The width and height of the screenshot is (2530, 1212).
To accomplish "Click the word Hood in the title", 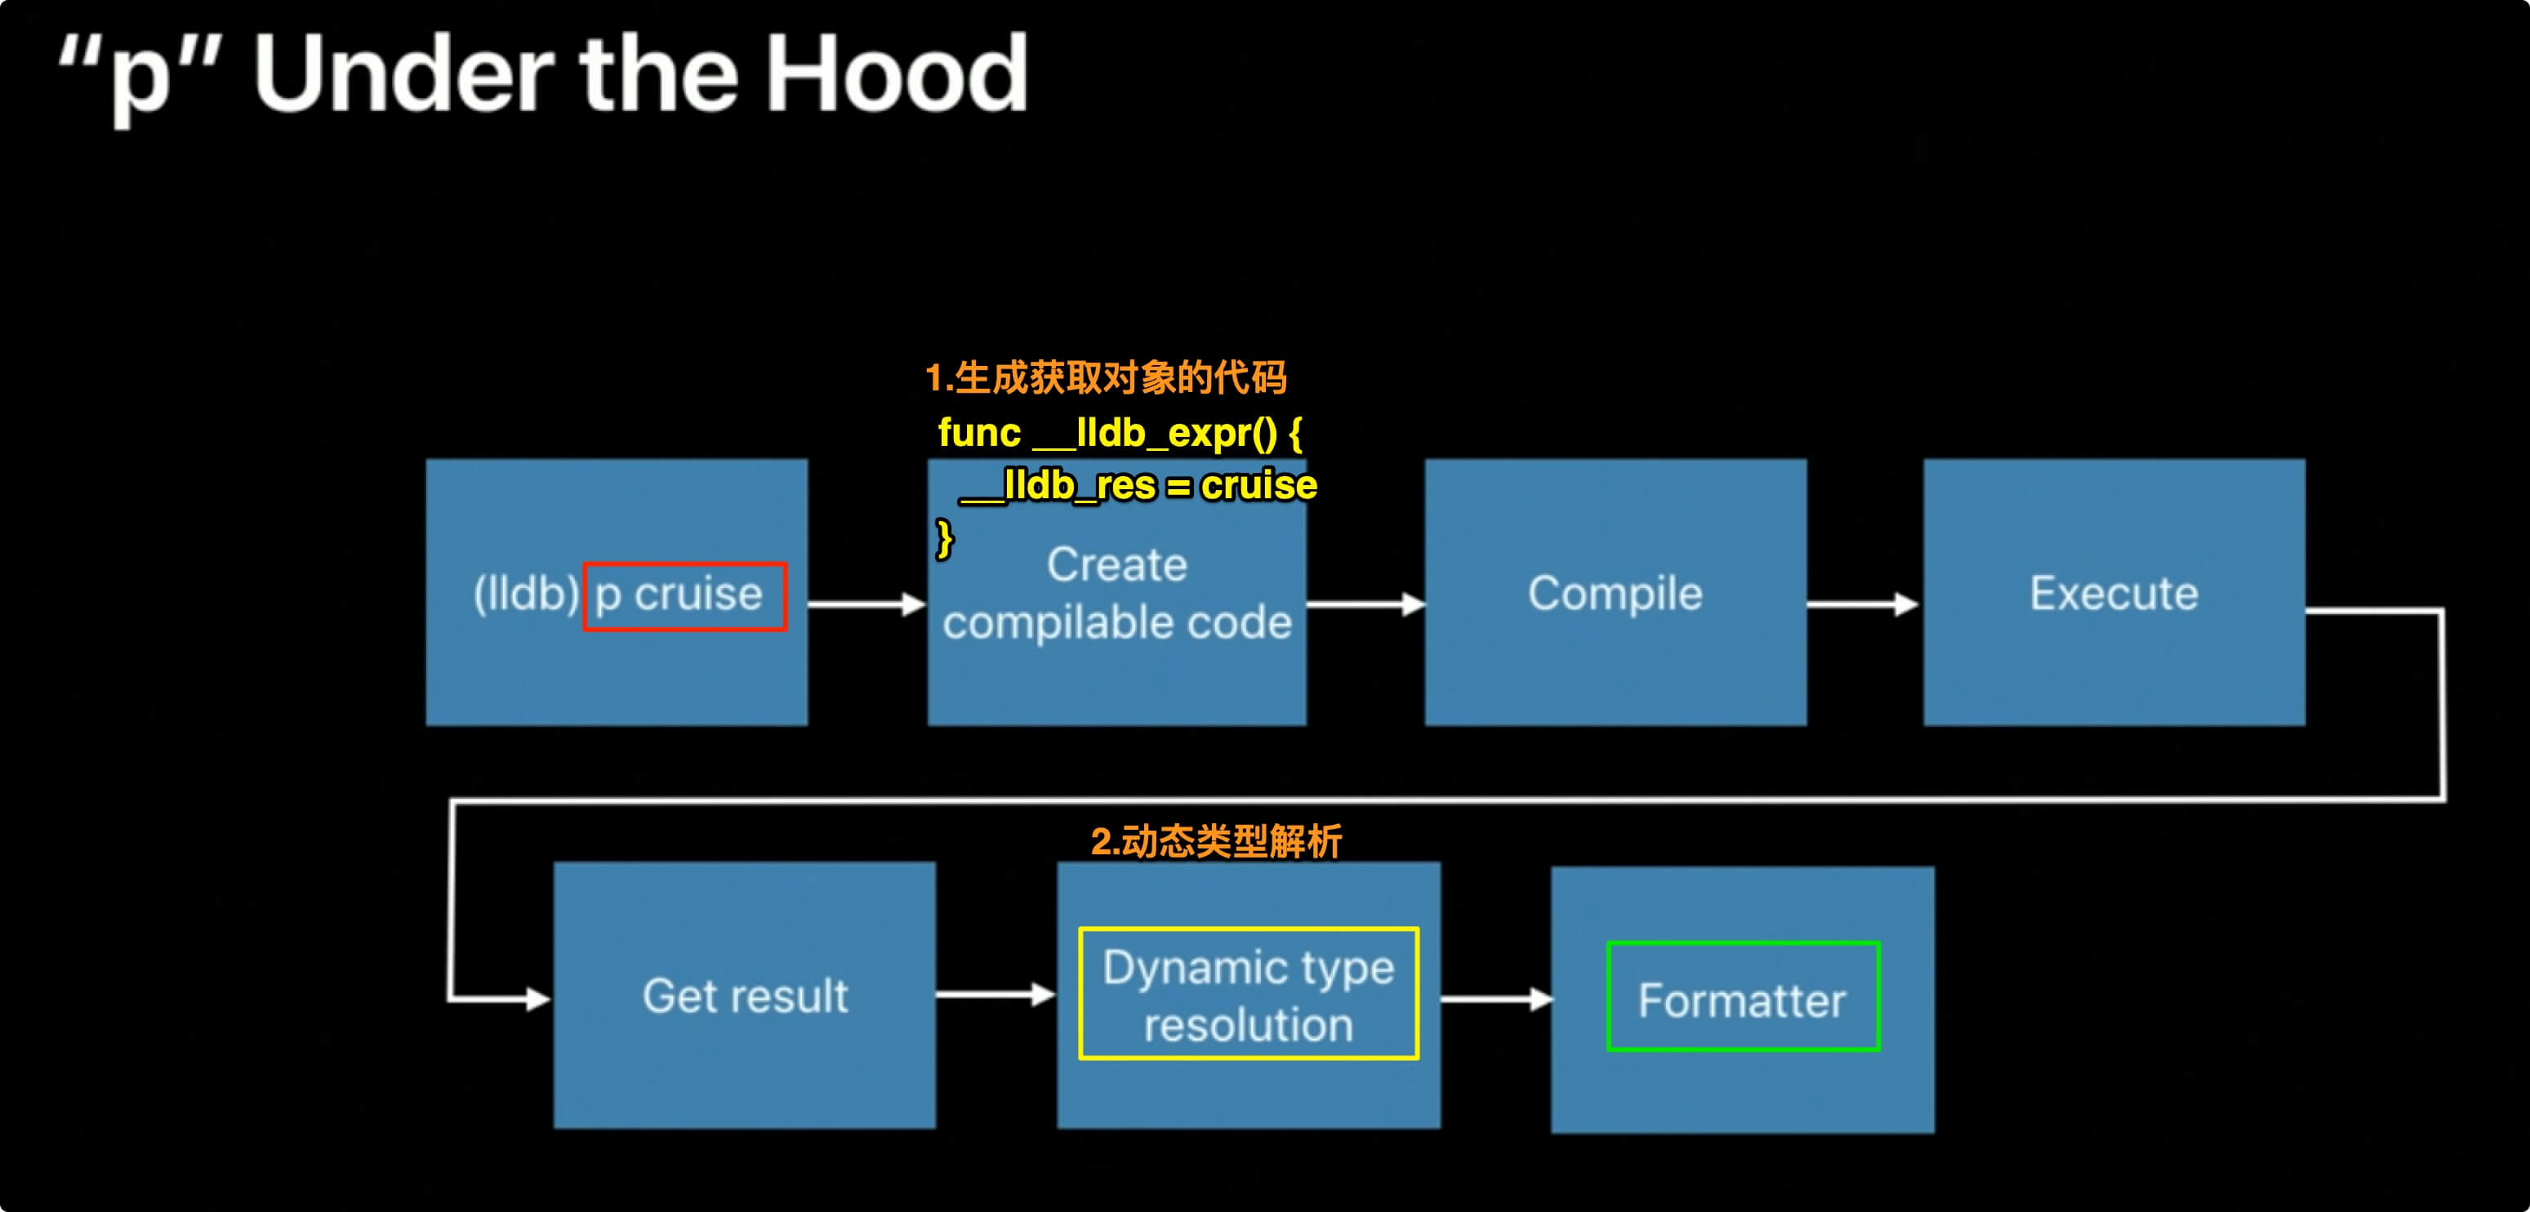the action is pyautogui.click(x=897, y=73).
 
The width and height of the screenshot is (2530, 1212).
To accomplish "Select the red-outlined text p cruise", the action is pyautogui.click(x=679, y=595).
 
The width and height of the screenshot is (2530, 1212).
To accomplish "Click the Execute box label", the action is pyautogui.click(x=2114, y=593).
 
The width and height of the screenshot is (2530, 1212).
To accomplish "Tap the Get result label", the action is pyautogui.click(x=746, y=996).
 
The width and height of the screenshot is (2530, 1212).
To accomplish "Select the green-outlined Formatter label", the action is pyautogui.click(x=1742, y=1000).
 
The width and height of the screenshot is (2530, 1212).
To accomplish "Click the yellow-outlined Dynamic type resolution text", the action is pyautogui.click(x=1249, y=996).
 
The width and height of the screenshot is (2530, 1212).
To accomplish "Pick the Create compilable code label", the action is pyautogui.click(x=1116, y=593).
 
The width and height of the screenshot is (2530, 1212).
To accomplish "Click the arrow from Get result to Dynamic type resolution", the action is pyautogui.click(x=996, y=995).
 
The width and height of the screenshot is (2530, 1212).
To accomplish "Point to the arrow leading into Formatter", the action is pyautogui.click(x=1497, y=1000).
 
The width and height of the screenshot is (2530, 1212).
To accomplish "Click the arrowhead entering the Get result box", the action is pyautogui.click(x=539, y=1000).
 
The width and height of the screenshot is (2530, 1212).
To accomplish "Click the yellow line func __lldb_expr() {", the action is pyautogui.click(x=1120, y=433).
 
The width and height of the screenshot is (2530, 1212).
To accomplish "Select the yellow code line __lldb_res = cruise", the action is pyautogui.click(x=1138, y=485).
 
